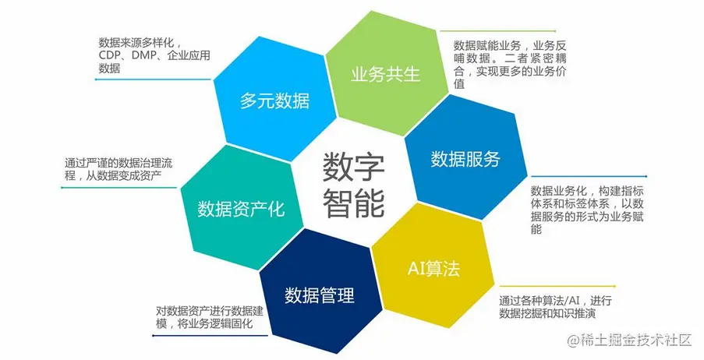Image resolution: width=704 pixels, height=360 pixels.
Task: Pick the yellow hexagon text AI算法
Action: coord(433,269)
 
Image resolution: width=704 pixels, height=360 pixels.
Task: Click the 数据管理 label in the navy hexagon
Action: coord(320,295)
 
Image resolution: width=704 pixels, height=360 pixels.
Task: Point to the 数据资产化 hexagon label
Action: coord(240,209)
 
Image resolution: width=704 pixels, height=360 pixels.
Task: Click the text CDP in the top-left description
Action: coord(110,55)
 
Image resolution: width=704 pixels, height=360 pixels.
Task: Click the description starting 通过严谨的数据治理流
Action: coord(126,171)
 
